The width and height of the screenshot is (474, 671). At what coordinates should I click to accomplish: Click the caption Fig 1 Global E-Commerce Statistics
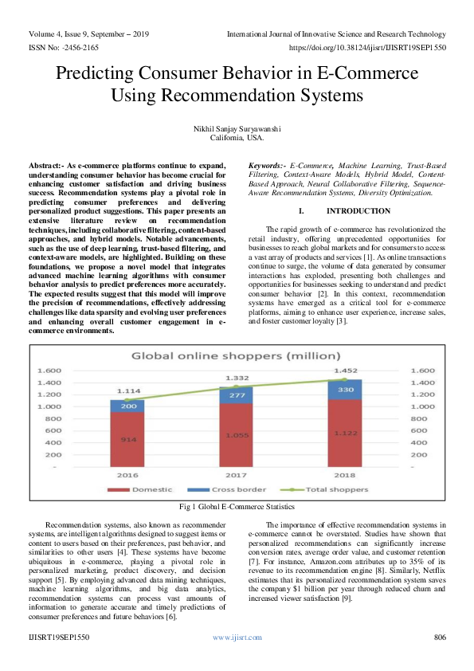(237, 506)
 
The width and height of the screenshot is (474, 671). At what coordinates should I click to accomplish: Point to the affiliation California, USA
(237, 138)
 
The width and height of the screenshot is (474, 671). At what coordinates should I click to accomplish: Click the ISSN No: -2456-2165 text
(63, 47)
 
